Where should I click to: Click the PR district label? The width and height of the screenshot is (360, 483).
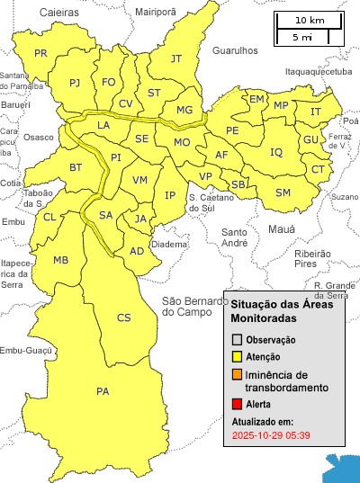pos(40,54)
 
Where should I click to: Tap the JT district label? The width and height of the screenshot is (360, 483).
pos(176,59)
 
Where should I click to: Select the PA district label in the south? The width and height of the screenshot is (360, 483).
pos(103,391)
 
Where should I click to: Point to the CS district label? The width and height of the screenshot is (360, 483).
pos(124,318)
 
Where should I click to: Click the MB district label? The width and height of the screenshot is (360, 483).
pos(61,261)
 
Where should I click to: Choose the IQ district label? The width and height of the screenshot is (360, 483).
pos(276,152)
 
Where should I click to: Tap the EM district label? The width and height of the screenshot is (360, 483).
pos(257,99)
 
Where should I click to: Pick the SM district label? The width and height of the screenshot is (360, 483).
pos(283,192)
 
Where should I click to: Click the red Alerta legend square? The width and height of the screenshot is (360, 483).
pos(237,405)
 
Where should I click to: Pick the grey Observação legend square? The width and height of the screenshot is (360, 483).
pos(237,340)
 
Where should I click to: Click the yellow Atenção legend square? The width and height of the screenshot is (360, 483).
pos(237,357)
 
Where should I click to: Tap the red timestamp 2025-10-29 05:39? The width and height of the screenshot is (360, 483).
pos(271,435)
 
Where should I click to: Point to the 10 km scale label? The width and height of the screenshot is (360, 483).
pos(310,20)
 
